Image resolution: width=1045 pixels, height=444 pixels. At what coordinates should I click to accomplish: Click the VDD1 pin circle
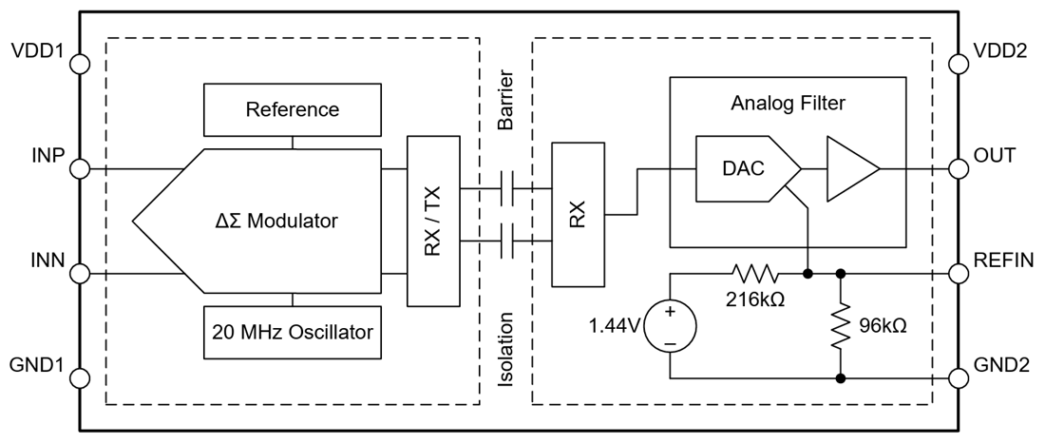(x=80, y=65)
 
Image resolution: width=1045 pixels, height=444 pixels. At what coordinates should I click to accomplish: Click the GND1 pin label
(x=35, y=365)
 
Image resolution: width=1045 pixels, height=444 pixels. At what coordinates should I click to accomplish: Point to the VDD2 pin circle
(x=961, y=65)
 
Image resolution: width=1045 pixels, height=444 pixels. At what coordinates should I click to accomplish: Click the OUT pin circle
(x=961, y=170)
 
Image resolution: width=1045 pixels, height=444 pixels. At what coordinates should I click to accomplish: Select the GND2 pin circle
(x=961, y=378)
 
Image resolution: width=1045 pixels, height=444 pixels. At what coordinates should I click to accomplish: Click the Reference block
(x=292, y=109)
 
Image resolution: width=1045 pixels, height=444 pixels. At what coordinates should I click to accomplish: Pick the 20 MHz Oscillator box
(x=292, y=333)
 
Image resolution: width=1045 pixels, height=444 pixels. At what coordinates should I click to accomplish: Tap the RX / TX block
(x=432, y=221)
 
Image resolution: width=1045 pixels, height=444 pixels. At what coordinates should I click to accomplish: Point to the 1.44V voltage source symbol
(x=671, y=326)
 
